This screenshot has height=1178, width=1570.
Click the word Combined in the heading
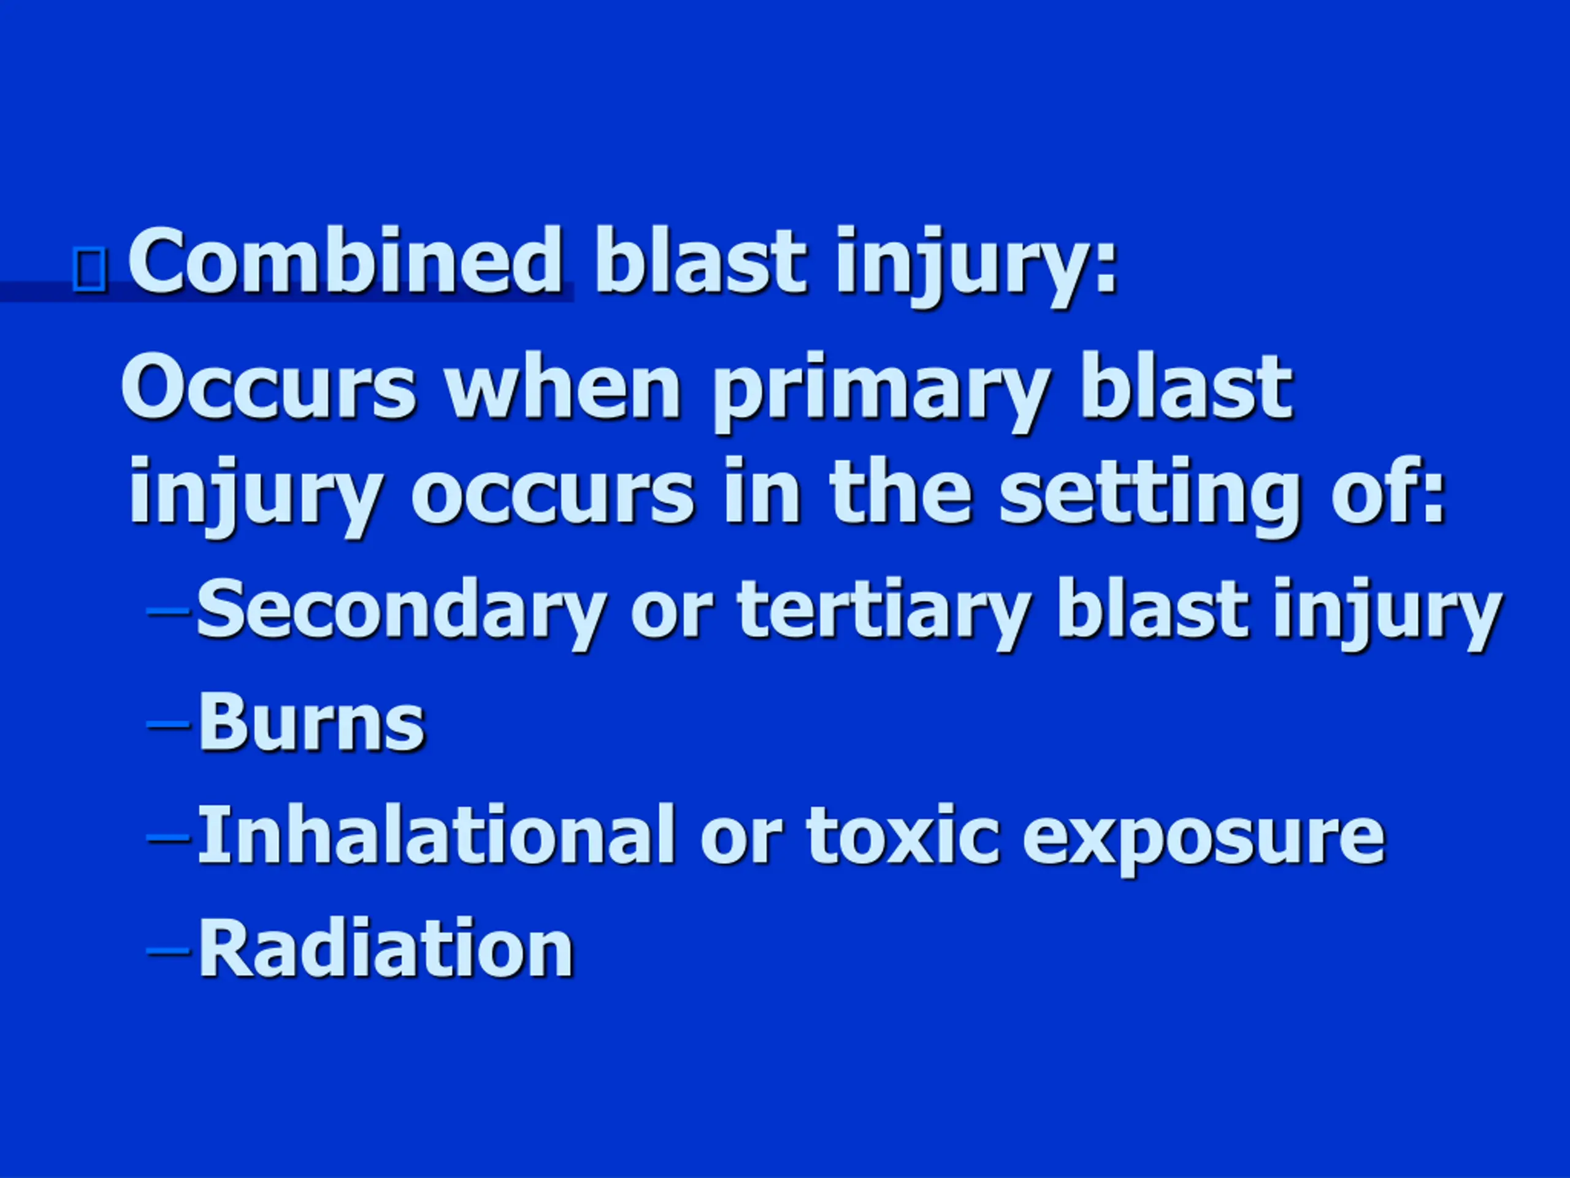point(346,260)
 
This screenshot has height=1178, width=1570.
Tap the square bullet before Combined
point(90,270)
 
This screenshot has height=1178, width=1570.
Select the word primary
point(881,393)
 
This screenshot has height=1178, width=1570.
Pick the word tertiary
point(884,613)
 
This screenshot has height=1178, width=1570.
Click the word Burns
point(312,723)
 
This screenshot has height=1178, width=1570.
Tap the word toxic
point(902,836)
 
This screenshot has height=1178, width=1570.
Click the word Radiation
point(385,949)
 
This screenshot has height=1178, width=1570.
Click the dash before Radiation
point(168,951)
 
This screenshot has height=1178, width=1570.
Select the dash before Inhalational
point(168,838)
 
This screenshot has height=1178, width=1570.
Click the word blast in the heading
point(700,260)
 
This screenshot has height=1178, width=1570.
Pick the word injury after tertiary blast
point(1387,615)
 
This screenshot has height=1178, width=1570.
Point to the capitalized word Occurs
point(268,388)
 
